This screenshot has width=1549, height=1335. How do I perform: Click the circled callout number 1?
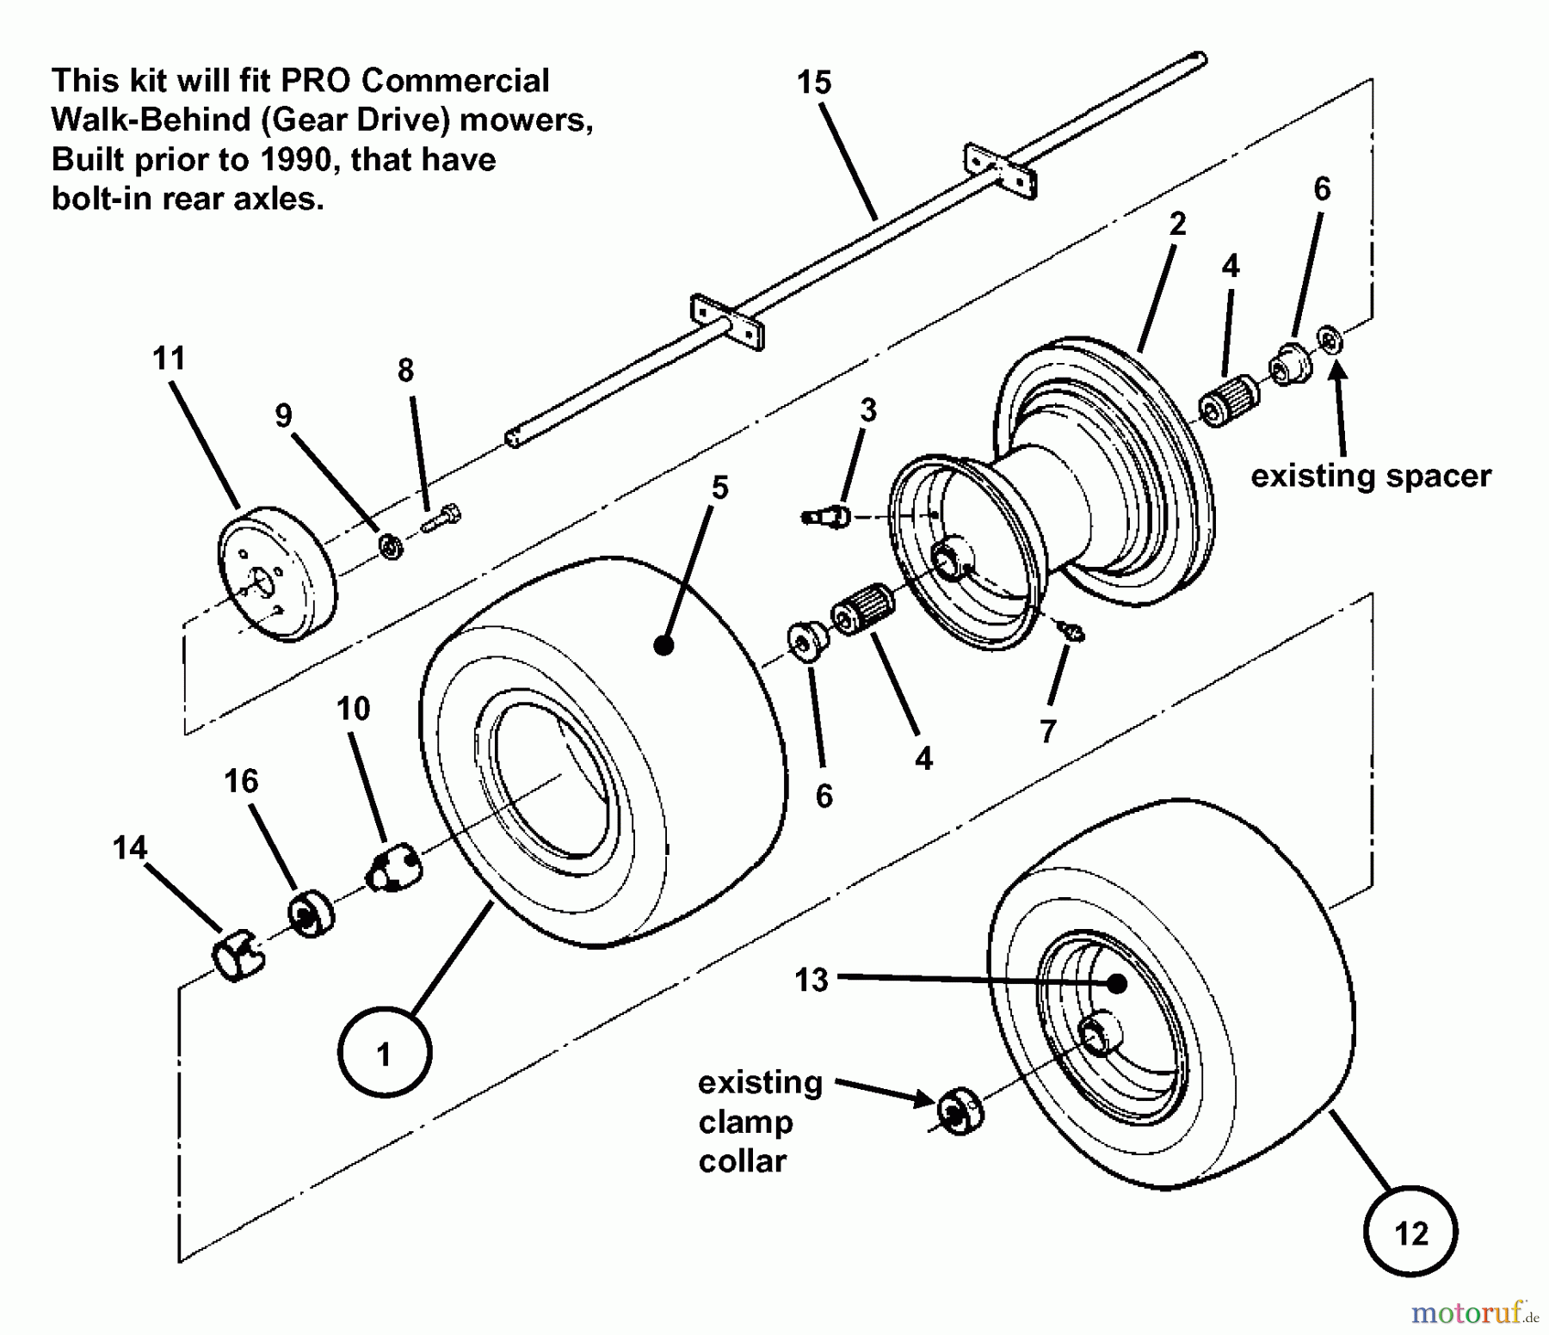pos(384,1052)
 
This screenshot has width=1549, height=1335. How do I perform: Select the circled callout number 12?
pos(1410,1232)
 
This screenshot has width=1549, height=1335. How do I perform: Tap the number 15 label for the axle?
pos(813,83)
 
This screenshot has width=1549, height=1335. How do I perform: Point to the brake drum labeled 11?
pos(275,574)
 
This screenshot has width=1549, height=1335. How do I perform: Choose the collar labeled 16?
pos(310,915)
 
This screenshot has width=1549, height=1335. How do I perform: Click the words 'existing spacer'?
pos(1370,476)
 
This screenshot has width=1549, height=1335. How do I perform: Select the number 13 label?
pos(811,979)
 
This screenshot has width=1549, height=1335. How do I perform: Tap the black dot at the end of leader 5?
pos(663,645)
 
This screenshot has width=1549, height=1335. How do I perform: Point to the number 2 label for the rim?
pos(1177,225)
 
